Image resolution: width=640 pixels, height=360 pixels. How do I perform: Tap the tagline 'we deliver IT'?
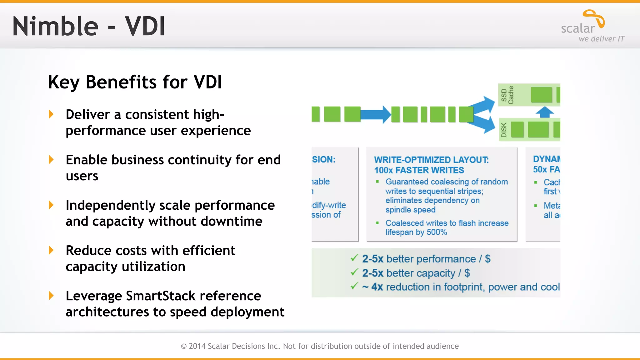[x=601, y=39]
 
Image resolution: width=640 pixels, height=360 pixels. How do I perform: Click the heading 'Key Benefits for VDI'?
[x=135, y=82]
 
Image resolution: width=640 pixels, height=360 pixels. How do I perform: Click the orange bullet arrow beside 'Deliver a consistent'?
[x=51, y=114]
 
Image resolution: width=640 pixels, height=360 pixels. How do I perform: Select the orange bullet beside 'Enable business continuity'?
[x=51, y=159]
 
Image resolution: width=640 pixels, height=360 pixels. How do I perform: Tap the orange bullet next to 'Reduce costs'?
[x=51, y=250]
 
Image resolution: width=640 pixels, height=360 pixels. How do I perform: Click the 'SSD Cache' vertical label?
[x=507, y=95]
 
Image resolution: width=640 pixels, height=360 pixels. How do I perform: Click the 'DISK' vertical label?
[x=504, y=130]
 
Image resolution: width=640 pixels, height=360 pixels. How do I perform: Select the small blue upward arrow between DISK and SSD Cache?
[x=545, y=112]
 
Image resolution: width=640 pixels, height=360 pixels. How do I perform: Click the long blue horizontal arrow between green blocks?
[x=375, y=114]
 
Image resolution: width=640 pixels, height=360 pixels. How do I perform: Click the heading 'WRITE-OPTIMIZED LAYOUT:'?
[x=431, y=160]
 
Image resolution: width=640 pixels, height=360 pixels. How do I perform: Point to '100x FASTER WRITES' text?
[x=419, y=170]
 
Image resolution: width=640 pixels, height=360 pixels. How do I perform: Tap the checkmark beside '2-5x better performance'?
[x=354, y=258]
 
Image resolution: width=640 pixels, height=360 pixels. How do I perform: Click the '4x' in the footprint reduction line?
[x=377, y=287]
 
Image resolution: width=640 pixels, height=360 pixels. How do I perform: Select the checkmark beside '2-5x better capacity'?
[x=354, y=272]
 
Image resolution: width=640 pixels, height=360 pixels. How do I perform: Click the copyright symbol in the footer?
[x=184, y=346]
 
